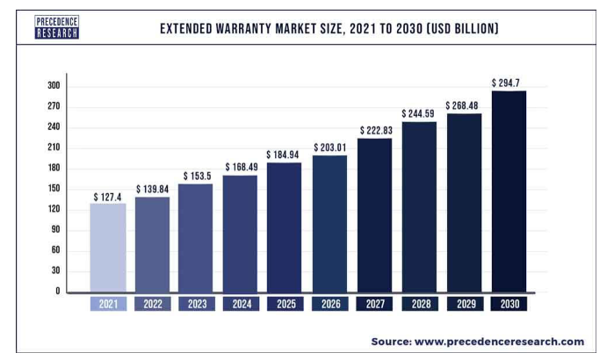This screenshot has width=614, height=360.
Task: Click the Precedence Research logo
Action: point(57,26)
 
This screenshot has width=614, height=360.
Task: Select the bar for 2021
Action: point(108,247)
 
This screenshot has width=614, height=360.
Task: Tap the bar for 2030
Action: point(509,191)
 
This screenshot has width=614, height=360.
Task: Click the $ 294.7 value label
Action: point(509,83)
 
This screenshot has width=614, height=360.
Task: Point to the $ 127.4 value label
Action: point(109,196)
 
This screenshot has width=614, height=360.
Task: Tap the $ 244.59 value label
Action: point(419,113)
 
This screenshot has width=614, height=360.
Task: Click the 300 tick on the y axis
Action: point(54,86)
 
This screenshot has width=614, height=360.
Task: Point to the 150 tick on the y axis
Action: point(54,189)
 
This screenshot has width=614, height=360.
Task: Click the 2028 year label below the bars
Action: point(419,304)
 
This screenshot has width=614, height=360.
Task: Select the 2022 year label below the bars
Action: point(152,304)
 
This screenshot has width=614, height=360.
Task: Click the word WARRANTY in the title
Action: point(257,28)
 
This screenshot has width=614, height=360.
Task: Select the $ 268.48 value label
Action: point(464,105)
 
